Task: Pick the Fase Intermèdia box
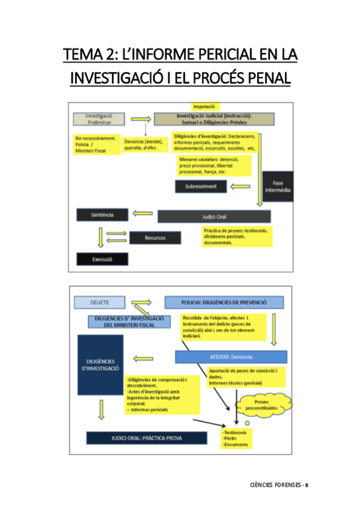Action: click(x=278, y=186)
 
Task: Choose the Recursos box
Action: click(x=154, y=238)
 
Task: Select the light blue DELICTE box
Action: click(x=99, y=302)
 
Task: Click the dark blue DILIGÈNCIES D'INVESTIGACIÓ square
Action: click(x=100, y=365)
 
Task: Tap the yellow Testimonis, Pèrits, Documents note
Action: click(x=236, y=439)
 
